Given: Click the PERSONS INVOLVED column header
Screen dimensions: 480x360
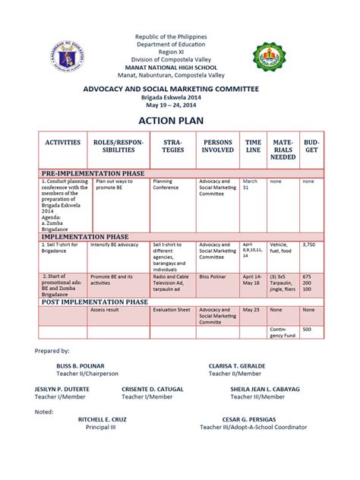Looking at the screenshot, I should (218, 146).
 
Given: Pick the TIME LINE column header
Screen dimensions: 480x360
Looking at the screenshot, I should (253, 146).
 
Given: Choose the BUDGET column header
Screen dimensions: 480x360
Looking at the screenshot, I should (311, 146).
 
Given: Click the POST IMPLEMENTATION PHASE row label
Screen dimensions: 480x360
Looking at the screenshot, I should (94, 302).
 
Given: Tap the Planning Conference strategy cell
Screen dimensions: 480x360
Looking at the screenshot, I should (167, 185).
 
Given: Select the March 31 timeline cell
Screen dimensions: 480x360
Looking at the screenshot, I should (251, 185).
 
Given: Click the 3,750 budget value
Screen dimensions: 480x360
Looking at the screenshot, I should (309, 245).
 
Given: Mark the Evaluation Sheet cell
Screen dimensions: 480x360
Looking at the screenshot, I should (171, 310).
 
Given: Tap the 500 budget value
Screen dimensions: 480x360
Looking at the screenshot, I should (307, 330).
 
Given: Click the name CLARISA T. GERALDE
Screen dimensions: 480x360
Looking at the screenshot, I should (242, 365).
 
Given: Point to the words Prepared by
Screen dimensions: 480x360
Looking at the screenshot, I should (53, 350).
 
